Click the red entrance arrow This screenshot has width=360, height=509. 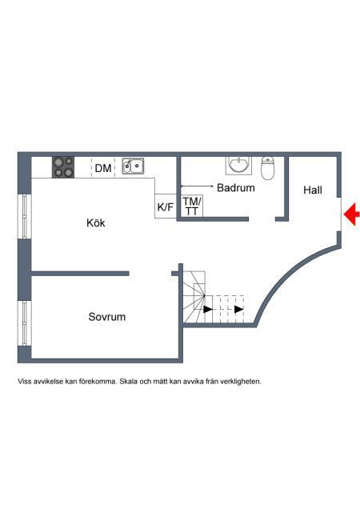[x=351, y=214]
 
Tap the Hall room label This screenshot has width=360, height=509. [x=313, y=190]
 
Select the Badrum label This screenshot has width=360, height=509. [x=236, y=187]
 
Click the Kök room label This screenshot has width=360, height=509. [x=96, y=222]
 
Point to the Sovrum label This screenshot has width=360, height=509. [x=106, y=316]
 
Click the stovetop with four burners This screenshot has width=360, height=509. [x=63, y=167]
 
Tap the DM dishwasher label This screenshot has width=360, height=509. [x=103, y=168]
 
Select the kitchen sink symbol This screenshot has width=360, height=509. [x=133, y=166]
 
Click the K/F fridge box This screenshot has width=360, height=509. [x=166, y=206]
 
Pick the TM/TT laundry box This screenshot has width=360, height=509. [x=192, y=206]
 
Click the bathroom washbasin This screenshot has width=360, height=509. [x=239, y=166]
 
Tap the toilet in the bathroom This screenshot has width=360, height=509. [x=268, y=168]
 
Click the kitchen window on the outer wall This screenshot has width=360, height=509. [x=25, y=217]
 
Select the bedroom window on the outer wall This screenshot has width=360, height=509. [x=25, y=323]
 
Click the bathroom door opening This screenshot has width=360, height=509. [x=262, y=219]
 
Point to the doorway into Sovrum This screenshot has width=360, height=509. [x=150, y=274]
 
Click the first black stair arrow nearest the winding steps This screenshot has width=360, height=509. [x=208, y=310]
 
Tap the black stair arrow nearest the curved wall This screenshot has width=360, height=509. [x=239, y=310]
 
